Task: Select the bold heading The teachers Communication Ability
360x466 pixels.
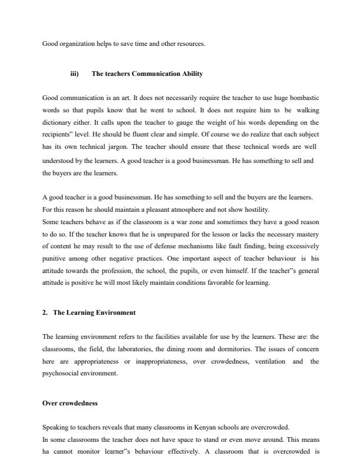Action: tap(147, 74)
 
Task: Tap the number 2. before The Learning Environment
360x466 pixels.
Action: tap(46, 312)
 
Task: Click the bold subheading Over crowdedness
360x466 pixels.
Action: tap(70, 403)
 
